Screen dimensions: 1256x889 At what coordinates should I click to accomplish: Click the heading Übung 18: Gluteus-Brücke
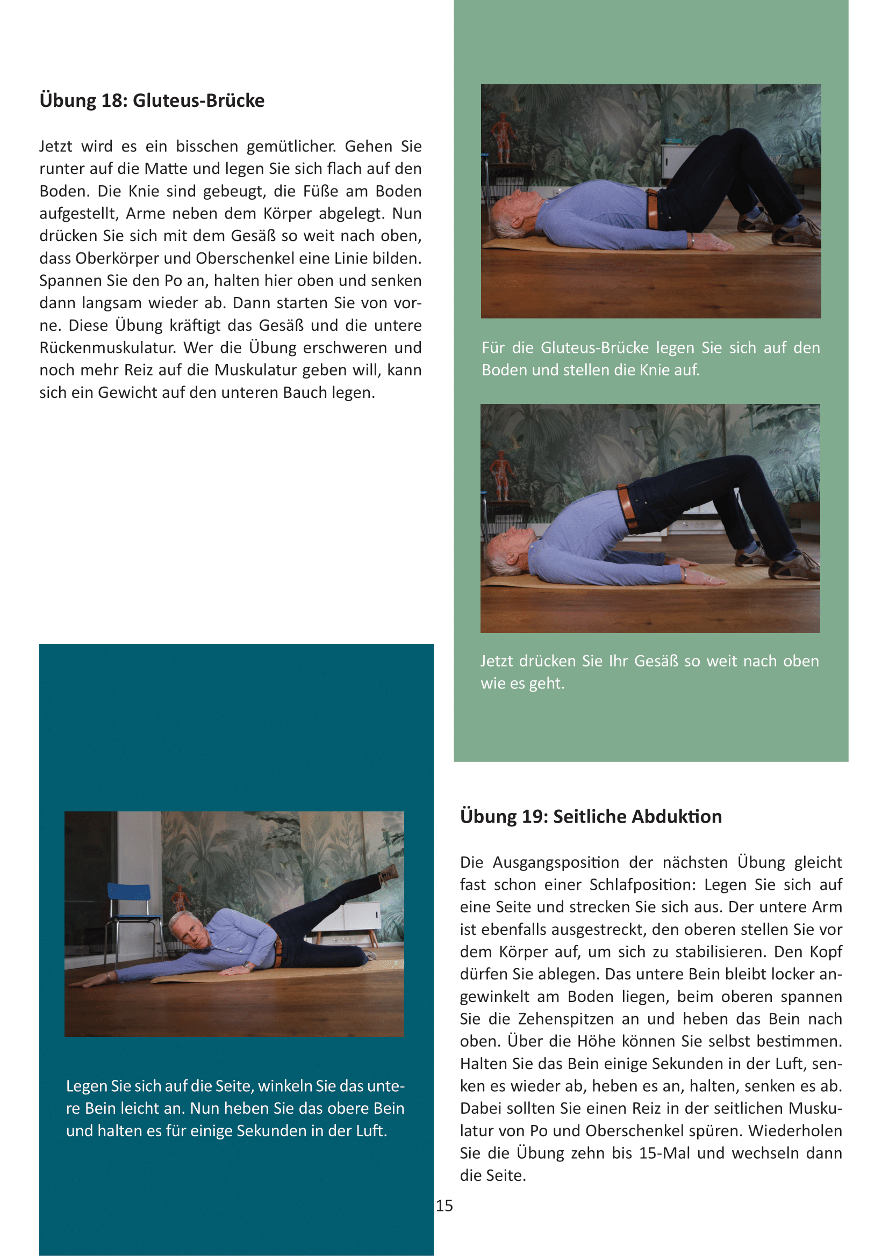pyautogui.click(x=152, y=100)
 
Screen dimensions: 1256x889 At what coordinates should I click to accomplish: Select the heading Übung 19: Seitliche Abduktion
pyautogui.click(x=591, y=817)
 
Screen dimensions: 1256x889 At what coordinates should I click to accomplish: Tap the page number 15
pyautogui.click(x=444, y=1206)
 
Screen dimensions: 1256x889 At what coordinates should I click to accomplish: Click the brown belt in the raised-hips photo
pyautogui.click(x=626, y=506)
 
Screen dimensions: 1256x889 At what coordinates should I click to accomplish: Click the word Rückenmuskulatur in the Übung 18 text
pyautogui.click(x=107, y=348)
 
